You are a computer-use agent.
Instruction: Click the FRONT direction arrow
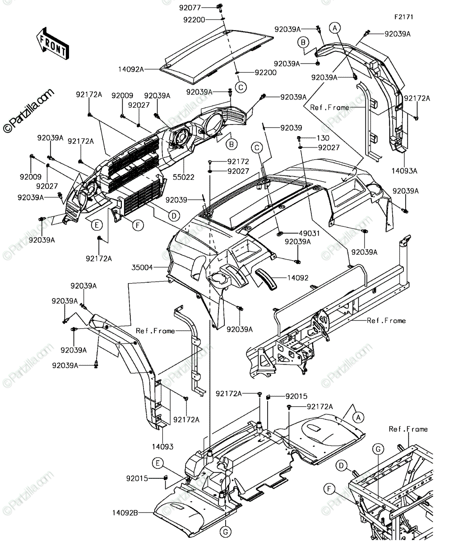[x=53, y=44]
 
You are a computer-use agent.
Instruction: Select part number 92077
[x=190, y=8]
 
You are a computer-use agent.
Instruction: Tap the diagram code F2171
[x=403, y=17]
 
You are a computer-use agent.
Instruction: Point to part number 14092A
[x=131, y=69]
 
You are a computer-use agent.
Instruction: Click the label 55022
[x=183, y=177]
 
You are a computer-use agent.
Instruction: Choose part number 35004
[x=142, y=267]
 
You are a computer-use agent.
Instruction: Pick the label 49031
[x=309, y=234]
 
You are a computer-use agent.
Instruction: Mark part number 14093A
[x=404, y=171]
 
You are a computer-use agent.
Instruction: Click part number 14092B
[x=125, y=513]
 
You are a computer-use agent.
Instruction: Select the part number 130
[x=323, y=138]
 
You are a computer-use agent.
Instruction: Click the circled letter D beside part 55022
[x=174, y=215]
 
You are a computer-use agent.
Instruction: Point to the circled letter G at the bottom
[x=226, y=532]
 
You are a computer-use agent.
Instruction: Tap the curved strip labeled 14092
[x=266, y=279]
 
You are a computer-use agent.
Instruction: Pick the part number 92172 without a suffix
[x=238, y=162]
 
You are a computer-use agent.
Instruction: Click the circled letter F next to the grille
[x=138, y=225]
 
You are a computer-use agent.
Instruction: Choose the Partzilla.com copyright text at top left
[x=28, y=111]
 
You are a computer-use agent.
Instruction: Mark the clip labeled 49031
[x=280, y=234]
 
